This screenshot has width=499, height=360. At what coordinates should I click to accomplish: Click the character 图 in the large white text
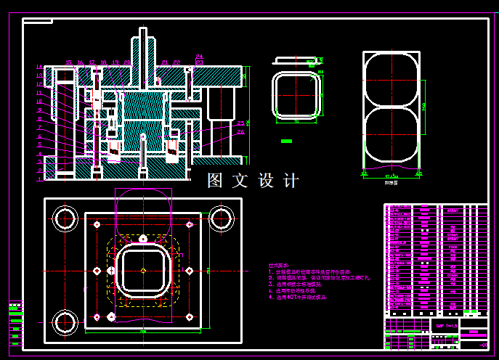(216, 181)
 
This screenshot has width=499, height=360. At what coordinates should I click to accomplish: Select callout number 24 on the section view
(200, 57)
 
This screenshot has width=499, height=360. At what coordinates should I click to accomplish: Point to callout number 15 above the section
(68, 62)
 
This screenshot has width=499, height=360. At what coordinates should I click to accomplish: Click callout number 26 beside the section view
(240, 132)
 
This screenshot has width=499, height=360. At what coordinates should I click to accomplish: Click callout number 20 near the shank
(128, 62)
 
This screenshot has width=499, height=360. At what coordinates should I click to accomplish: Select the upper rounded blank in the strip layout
(393, 78)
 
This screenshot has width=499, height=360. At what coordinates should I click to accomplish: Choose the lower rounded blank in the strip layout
(393, 135)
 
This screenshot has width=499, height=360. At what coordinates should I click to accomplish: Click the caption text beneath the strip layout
(392, 184)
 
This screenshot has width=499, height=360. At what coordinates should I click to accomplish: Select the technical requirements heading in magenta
(280, 266)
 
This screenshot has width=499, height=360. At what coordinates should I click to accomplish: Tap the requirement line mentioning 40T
(298, 297)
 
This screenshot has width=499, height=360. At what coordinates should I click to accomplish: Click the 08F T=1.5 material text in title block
(445, 326)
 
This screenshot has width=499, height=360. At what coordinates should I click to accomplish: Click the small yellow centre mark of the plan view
(144, 270)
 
